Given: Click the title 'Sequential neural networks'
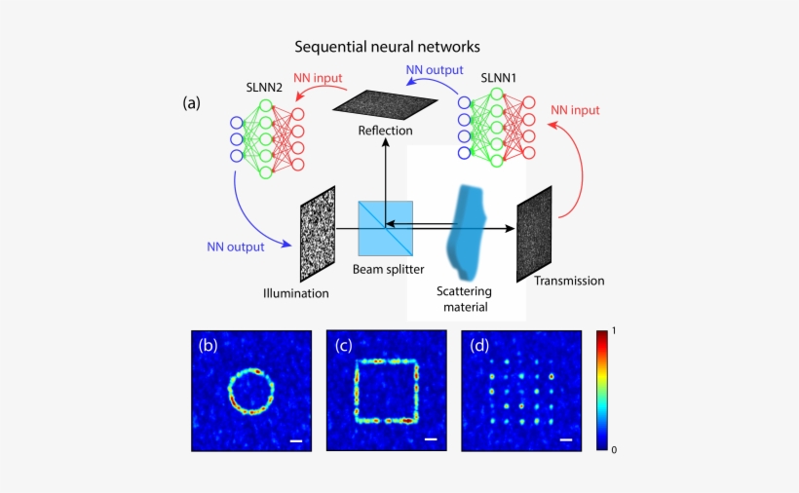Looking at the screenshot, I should pyautogui.click(x=388, y=46).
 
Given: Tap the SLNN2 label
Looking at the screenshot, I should pyautogui.click(x=265, y=88).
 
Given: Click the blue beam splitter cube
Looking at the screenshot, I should pyautogui.click(x=385, y=229).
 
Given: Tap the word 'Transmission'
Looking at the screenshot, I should pyautogui.click(x=569, y=281).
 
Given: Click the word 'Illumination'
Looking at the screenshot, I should pyautogui.click(x=296, y=292).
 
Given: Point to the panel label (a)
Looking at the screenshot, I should pyautogui.click(x=193, y=102).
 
